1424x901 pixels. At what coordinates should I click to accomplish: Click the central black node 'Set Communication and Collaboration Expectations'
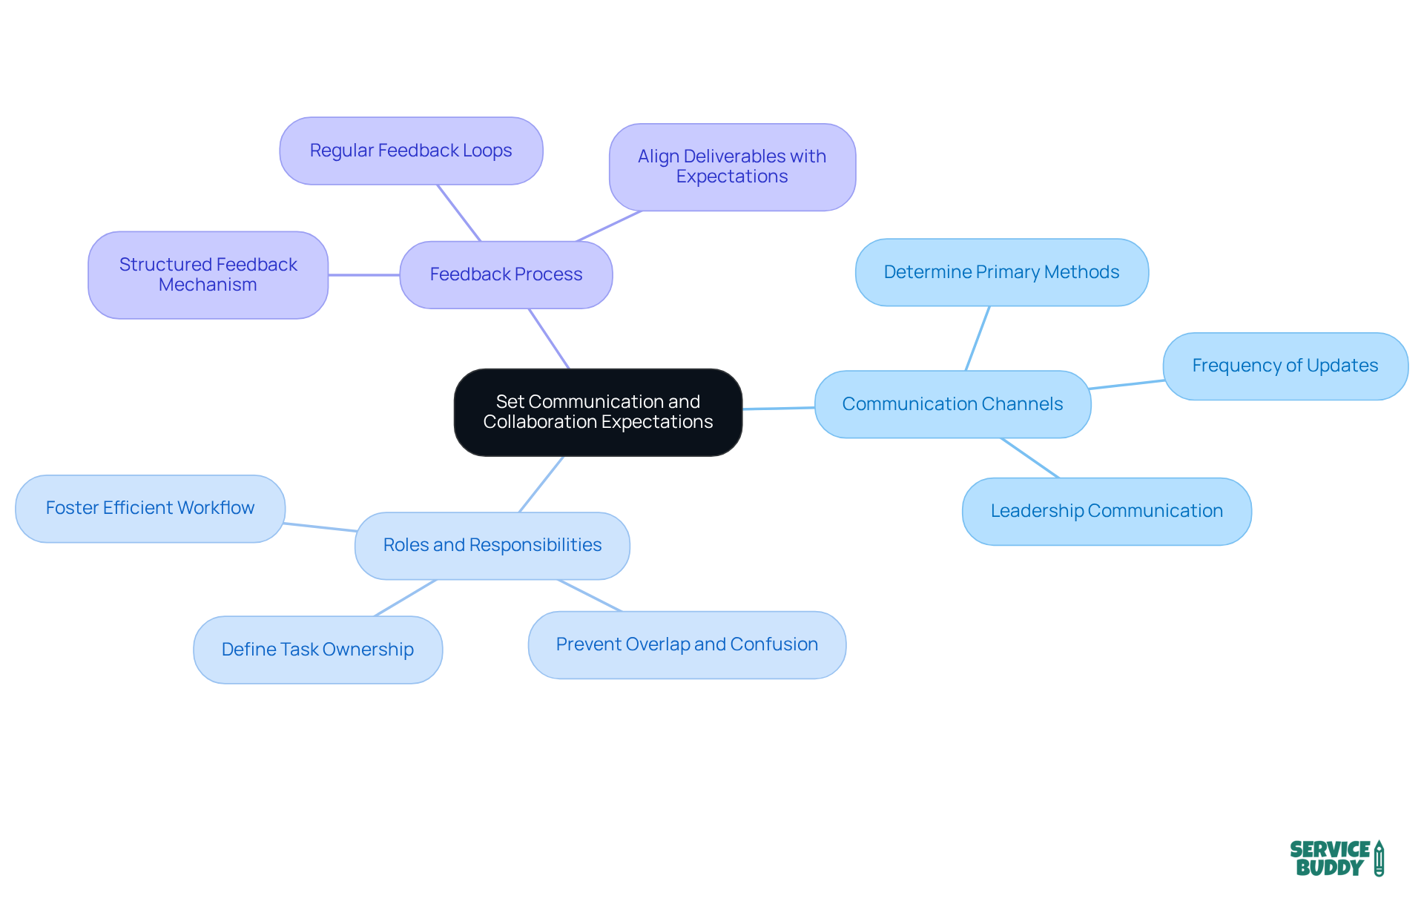[x=598, y=412]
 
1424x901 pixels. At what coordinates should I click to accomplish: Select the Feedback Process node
[x=506, y=274]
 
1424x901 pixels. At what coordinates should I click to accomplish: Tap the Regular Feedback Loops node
[x=411, y=151]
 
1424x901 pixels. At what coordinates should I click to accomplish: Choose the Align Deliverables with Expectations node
[x=732, y=167]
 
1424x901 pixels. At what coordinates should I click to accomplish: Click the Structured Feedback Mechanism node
[x=208, y=274]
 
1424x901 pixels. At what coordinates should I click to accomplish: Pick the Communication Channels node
[x=952, y=404]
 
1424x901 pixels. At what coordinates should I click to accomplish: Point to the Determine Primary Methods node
[x=1001, y=272]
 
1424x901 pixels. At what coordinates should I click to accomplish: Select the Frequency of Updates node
[x=1285, y=366]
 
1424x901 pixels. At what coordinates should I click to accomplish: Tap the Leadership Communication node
[x=1107, y=511]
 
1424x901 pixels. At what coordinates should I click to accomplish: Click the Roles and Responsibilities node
[x=492, y=545]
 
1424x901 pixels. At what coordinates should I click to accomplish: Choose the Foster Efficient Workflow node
[x=150, y=508]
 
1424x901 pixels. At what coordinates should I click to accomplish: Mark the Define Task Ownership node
[x=317, y=650]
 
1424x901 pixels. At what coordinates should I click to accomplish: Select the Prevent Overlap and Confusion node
[x=687, y=644]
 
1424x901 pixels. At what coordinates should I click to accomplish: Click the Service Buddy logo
[x=1336, y=858]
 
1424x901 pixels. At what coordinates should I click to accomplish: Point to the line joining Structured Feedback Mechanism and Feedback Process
[x=363, y=275]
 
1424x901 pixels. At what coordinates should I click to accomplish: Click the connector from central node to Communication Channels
[x=779, y=408]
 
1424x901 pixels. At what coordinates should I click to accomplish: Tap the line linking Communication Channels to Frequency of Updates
[x=1127, y=384]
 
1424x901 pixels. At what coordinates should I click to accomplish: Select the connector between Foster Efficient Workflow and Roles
[x=320, y=527]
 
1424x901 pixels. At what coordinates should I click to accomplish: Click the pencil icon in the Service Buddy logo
[x=1379, y=858]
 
